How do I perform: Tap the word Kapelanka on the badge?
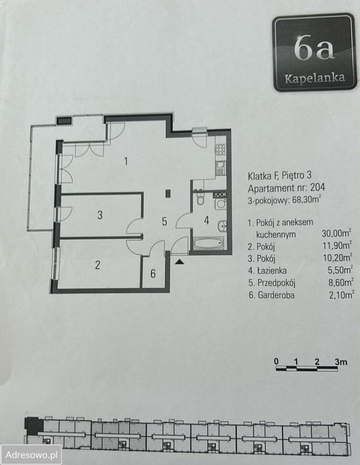(315, 78)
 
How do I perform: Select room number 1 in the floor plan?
(126, 161)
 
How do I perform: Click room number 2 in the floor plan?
(97, 265)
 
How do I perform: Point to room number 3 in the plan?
(100, 215)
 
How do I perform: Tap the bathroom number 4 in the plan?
(207, 220)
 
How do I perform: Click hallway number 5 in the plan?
(165, 221)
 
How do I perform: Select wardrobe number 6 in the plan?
(153, 273)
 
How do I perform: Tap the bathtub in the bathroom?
(209, 244)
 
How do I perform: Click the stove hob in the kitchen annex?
(221, 149)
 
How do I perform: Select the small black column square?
(168, 194)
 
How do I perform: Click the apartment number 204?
(317, 187)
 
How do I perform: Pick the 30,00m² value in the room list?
(337, 233)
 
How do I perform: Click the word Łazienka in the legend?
(271, 270)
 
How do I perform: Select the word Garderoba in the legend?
(276, 295)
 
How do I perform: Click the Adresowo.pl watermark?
(31, 454)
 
